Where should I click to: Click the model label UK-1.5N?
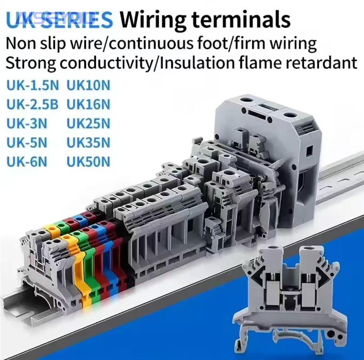coord(33,86)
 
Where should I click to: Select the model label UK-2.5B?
coord(32,104)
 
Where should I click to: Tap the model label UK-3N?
coord(27,124)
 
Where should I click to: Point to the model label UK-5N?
coord(27,143)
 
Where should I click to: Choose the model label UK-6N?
coord(27,162)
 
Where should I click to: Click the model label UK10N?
coord(88,86)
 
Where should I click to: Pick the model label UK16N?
coord(88,104)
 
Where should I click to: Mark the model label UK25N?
coord(88,124)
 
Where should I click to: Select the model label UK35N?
coord(88,143)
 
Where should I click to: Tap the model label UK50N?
coord(88,162)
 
